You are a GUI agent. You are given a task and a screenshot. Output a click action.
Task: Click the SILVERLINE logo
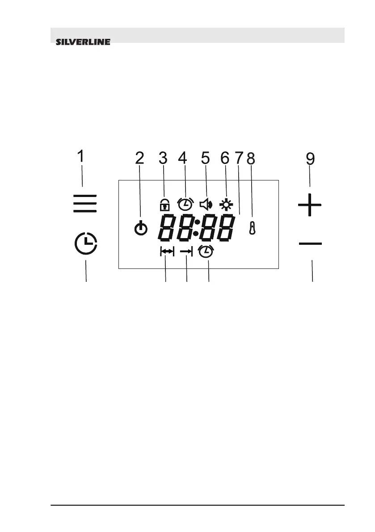pos(83,43)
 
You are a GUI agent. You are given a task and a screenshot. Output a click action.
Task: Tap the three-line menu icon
pos(85,203)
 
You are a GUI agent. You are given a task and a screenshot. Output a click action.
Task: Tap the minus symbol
pos(310,243)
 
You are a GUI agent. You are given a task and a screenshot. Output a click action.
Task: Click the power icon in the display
pos(140,229)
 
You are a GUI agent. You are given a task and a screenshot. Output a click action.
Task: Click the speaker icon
pos(205,205)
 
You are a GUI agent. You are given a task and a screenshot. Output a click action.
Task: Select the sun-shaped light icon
pos(226,205)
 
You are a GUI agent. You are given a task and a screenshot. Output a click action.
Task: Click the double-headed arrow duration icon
pos(167,252)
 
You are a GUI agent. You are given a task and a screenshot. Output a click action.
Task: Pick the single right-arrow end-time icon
pos(186,252)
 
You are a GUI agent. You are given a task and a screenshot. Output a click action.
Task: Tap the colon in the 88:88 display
pos(197,227)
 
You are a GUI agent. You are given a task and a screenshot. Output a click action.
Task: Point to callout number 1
pos(80,158)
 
